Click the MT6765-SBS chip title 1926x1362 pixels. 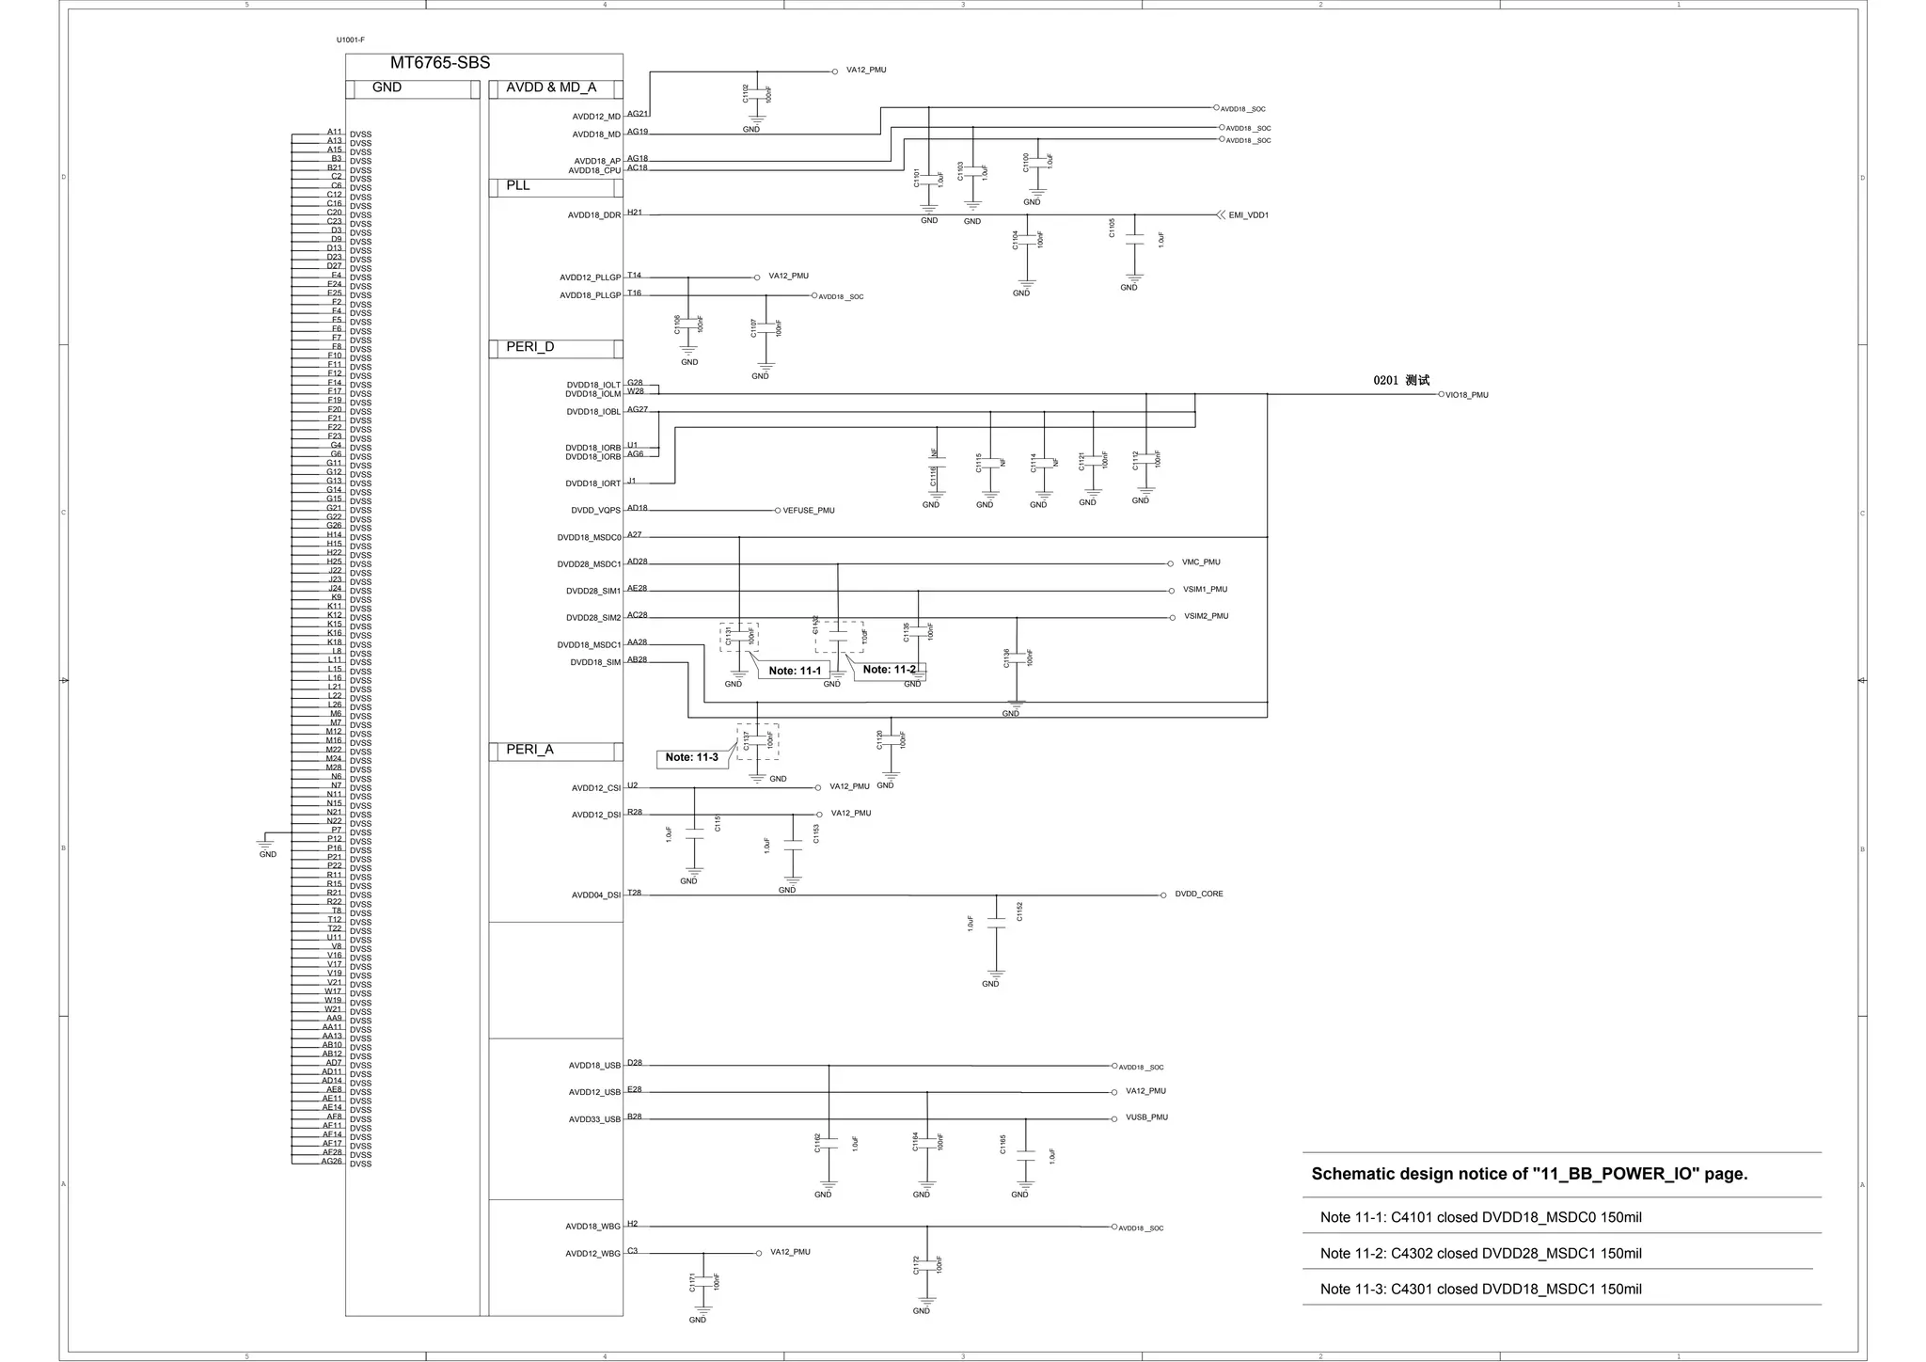(439, 63)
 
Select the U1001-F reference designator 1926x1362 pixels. (351, 40)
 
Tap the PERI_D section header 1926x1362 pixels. (529, 347)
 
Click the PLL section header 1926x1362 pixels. (518, 185)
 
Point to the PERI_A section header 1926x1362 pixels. (529, 750)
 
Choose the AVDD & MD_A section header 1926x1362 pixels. (551, 87)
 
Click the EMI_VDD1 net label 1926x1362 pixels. (1248, 215)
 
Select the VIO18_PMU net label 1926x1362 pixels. (1466, 395)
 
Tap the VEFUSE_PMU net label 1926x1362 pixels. (808, 511)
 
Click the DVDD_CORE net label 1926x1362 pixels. (1198, 895)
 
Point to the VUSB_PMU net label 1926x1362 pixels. (1146, 1117)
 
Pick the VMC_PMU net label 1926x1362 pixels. (1201, 562)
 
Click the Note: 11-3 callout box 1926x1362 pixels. (692, 758)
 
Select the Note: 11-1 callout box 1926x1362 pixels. (795, 671)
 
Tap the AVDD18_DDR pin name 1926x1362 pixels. (594, 215)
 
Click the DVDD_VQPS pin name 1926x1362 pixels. (596, 511)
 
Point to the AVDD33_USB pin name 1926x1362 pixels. (594, 1119)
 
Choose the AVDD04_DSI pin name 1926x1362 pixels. (596, 895)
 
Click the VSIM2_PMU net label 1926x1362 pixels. (1206, 617)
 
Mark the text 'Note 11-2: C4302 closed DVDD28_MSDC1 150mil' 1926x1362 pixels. (1480, 1253)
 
